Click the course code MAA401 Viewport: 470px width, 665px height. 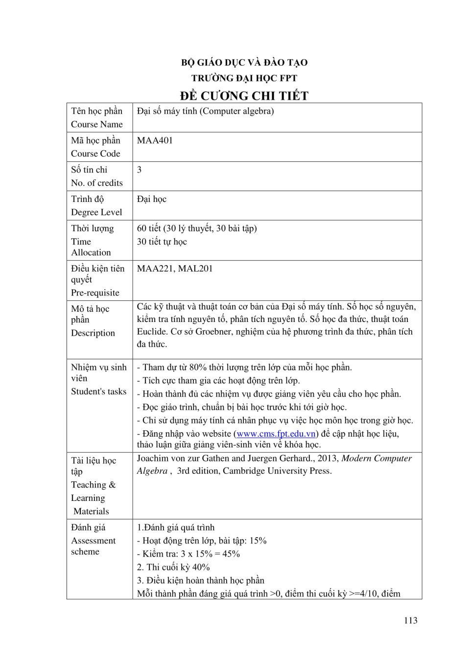pyautogui.click(x=155, y=141)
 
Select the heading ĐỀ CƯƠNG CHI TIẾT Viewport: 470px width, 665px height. pyautogui.click(x=244, y=96)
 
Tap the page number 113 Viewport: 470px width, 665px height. pyautogui.click(x=411, y=620)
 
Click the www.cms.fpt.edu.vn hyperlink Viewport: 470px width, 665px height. pyautogui.click(x=276, y=434)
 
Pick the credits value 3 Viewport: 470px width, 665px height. pyautogui.click(x=140, y=170)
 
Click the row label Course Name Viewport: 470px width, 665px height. pyautogui.click(x=97, y=124)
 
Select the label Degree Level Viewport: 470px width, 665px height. pyautogui.click(x=96, y=212)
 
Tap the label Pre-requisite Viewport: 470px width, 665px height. pyautogui.click(x=95, y=293)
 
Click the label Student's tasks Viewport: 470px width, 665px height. pyautogui.click(x=98, y=392)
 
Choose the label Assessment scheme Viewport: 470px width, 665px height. pyautogui.click(x=93, y=546)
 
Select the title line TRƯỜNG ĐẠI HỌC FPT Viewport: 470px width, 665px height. pyautogui.click(x=244, y=78)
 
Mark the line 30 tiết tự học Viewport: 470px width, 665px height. pyautogui.click(x=162, y=242)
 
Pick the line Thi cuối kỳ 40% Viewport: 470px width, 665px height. pyautogui.click(x=173, y=567)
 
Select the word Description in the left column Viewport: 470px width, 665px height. pyautogui.click(x=93, y=333)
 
